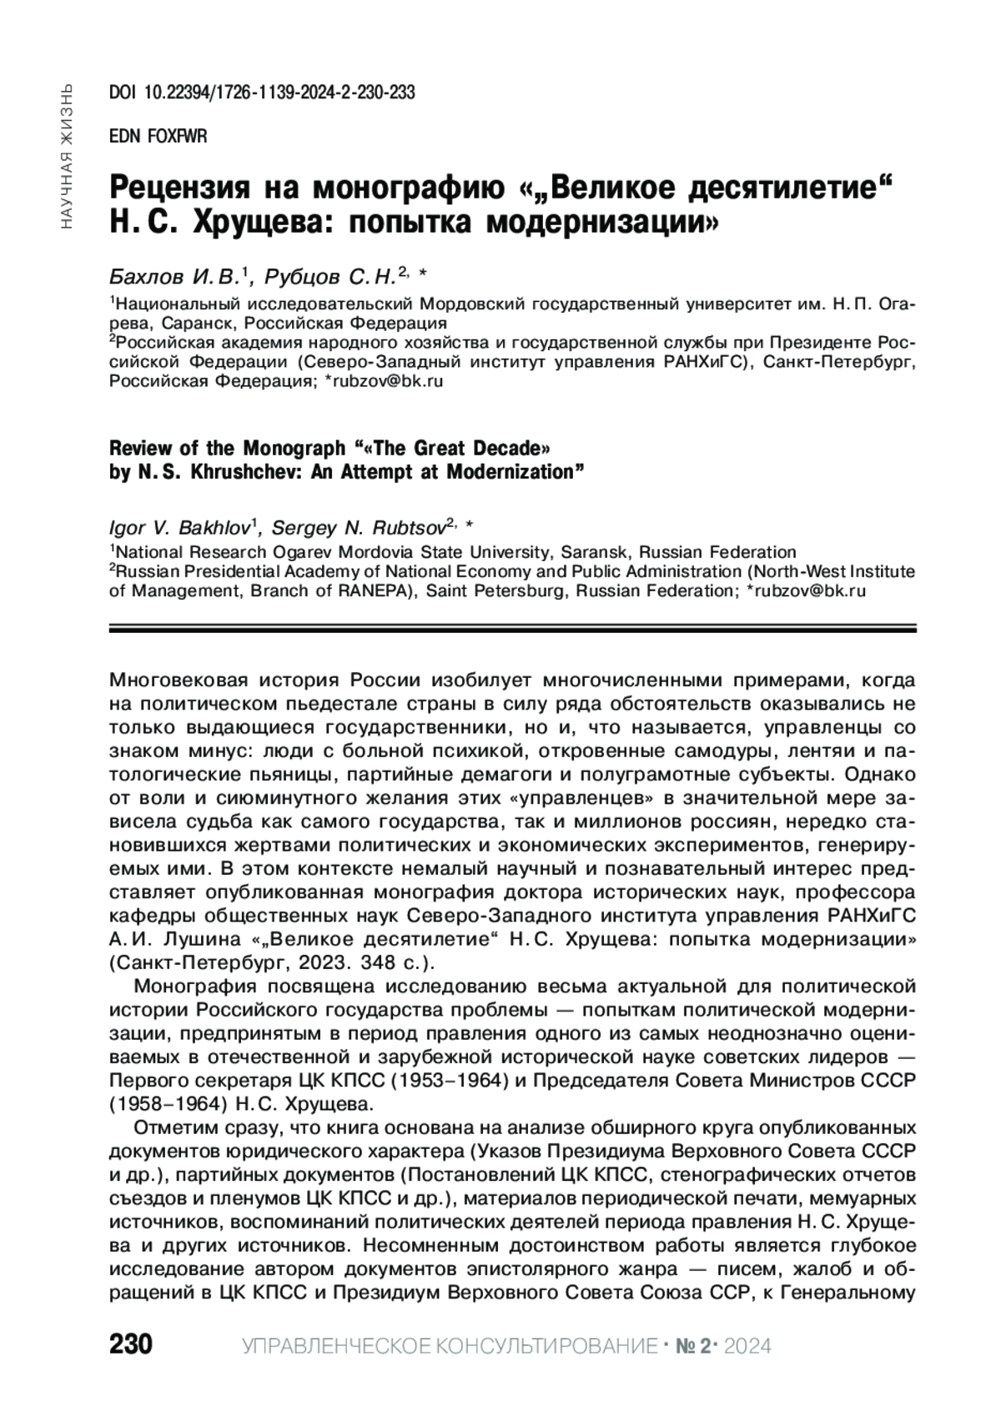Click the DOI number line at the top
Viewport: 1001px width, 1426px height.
[x=262, y=93]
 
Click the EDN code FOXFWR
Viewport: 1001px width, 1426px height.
[x=158, y=136]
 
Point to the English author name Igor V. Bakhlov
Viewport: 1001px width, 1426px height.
[x=179, y=528]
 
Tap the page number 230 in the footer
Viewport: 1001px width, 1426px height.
[x=130, y=1345]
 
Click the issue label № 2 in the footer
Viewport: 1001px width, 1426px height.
[x=697, y=1346]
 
